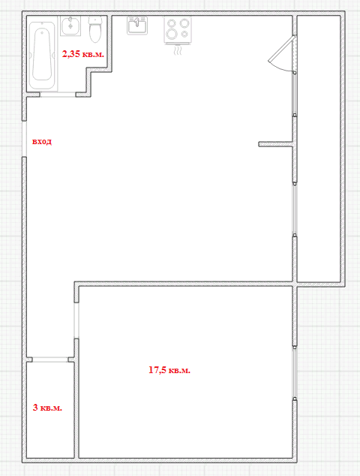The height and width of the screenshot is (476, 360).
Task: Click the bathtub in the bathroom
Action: coord(43,55)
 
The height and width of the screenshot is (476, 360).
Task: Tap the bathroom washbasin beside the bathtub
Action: coord(70,26)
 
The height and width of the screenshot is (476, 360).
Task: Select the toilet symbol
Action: coord(95,29)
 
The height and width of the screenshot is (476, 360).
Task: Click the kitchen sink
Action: coord(137,26)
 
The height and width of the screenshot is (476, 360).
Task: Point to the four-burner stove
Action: coord(178,30)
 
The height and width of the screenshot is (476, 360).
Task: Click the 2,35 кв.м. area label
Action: coord(83,54)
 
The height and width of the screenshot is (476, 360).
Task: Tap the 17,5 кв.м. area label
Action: coord(169,369)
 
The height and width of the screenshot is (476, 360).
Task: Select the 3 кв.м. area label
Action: coord(47,408)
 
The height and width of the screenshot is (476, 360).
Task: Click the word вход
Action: coord(42,141)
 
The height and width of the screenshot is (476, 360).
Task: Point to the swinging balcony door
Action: coord(283,54)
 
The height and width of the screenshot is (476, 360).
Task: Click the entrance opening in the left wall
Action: coord(24,139)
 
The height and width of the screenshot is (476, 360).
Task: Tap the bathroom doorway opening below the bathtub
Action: coord(58,95)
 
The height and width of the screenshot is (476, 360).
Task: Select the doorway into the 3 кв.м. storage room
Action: coord(50,360)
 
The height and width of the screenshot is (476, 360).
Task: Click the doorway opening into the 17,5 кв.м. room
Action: coord(76,321)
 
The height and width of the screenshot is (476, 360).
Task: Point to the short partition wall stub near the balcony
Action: coord(276,144)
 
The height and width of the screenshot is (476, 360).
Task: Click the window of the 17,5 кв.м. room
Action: coord(295,372)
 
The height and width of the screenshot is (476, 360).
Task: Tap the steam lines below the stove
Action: coord(178,51)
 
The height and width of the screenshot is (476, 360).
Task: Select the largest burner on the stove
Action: coord(172,34)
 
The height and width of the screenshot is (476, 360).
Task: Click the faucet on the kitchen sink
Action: coord(137,22)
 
